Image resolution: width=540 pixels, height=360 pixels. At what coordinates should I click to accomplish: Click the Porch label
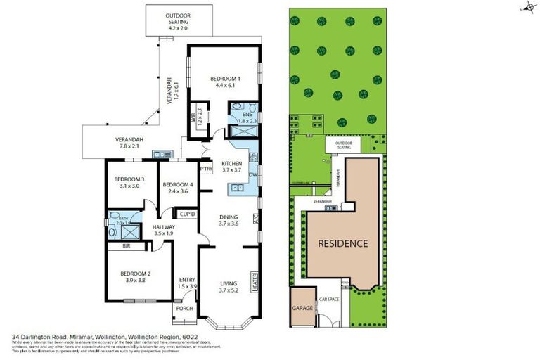[184, 309]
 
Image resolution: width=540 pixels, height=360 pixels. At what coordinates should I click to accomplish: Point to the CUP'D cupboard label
[187, 214]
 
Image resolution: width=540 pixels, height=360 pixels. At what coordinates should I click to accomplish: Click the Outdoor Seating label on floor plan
[177, 19]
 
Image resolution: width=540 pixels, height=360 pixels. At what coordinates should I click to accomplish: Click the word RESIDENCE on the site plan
[343, 244]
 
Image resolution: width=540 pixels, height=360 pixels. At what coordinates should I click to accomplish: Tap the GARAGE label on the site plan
[302, 308]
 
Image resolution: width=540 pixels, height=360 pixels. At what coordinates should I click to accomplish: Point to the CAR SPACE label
[329, 300]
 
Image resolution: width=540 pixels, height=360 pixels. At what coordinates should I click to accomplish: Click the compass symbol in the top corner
[527, 8]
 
